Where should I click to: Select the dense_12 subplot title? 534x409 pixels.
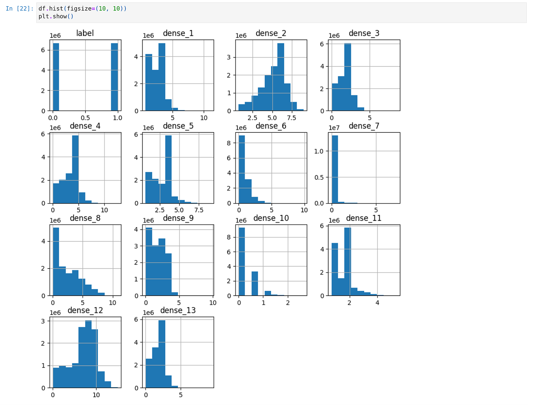pyautogui.click(x=85, y=310)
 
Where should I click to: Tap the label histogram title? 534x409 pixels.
pyautogui.click(x=85, y=33)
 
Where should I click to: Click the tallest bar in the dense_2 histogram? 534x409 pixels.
pyautogui.click(x=281, y=77)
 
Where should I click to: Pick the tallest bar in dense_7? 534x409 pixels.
pyautogui.click(x=334, y=169)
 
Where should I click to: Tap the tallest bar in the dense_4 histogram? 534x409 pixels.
pyautogui.click(x=75, y=169)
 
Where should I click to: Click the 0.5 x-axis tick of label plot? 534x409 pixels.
pyautogui.click(x=85, y=118)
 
